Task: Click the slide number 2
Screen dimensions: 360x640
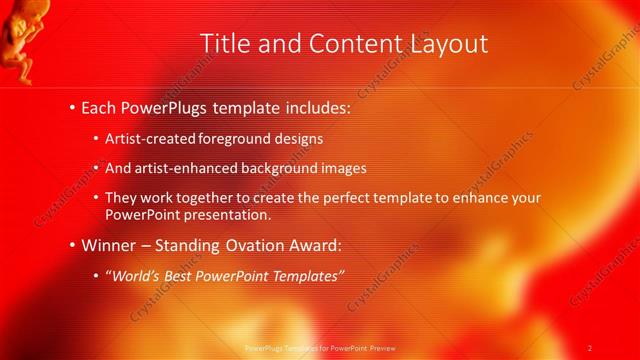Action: pos(590,347)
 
